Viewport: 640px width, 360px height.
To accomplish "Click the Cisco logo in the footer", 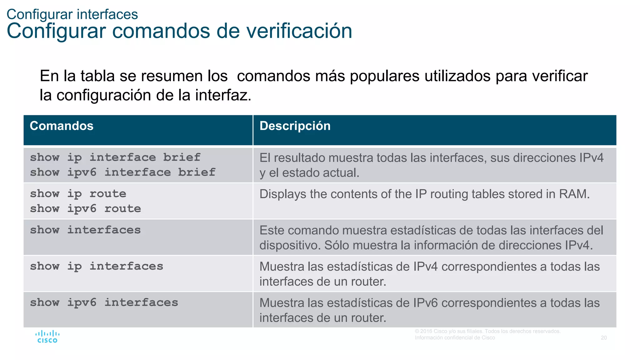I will pyautogui.click(x=47, y=337).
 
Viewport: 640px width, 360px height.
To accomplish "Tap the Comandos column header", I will pyautogui.click(x=62, y=126).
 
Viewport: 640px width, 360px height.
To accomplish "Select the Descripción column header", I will pyautogui.click(x=295, y=126).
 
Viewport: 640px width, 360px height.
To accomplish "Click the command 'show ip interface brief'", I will pyautogui.click(x=115, y=157).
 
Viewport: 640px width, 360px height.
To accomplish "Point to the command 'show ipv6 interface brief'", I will pyautogui.click(x=122, y=172).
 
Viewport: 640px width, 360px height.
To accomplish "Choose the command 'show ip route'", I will pyautogui.click(x=78, y=194).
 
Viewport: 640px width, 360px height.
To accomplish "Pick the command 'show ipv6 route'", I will pyautogui.click(x=85, y=209).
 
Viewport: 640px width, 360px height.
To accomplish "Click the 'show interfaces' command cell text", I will pyautogui.click(x=85, y=230).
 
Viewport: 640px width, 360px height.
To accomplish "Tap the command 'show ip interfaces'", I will pyautogui.click(x=97, y=266).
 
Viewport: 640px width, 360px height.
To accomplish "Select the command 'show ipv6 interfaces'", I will pyautogui.click(x=104, y=302).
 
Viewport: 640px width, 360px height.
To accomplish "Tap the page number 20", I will pyautogui.click(x=604, y=338).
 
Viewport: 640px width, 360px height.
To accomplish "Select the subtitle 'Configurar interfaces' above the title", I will pyautogui.click(x=72, y=14).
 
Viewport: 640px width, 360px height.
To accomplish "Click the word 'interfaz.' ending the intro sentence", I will pyautogui.click(x=223, y=95).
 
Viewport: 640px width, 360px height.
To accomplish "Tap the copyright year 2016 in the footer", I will pyautogui.click(x=426, y=331).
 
